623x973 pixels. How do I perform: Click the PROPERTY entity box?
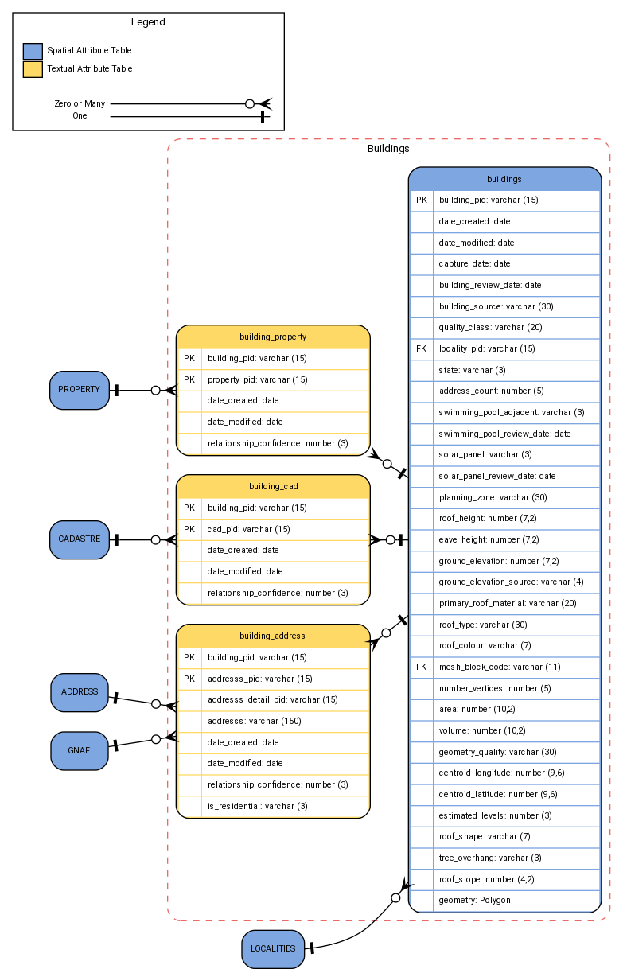point(79,390)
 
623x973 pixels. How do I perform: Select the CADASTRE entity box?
point(79,539)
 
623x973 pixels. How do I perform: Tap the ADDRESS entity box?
point(79,691)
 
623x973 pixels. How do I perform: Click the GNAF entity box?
point(79,750)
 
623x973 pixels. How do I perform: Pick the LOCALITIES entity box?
point(273,948)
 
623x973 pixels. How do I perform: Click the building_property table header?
point(273,337)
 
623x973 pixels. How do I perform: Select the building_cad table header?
point(273,486)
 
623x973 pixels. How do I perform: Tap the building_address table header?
point(273,636)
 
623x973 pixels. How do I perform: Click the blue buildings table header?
point(504,179)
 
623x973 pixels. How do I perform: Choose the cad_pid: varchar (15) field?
point(249,529)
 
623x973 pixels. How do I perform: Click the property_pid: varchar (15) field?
point(257,379)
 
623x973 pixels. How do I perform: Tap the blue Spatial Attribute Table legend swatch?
point(33,51)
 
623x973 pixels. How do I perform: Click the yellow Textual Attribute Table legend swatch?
point(33,69)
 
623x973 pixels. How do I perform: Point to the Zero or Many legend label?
point(80,103)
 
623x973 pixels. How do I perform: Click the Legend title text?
point(148,22)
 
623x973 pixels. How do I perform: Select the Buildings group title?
point(388,149)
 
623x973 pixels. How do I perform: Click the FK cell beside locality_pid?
point(422,348)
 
